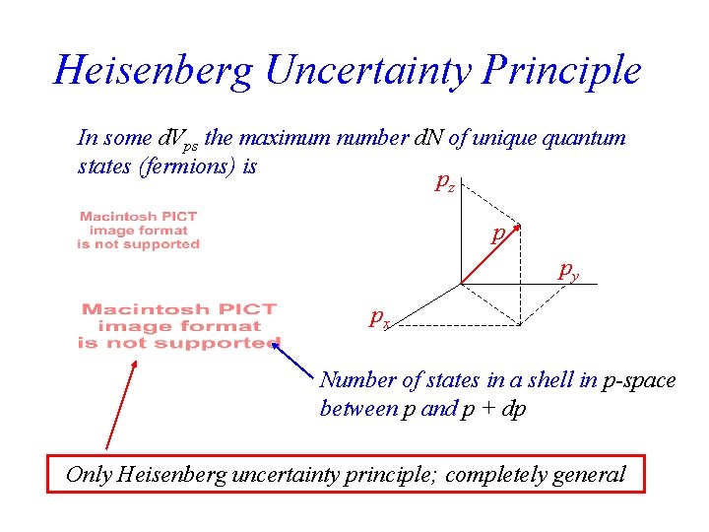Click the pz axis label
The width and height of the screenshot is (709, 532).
[445, 183]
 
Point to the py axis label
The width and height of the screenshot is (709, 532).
[568, 269]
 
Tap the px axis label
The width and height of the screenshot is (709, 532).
[379, 317]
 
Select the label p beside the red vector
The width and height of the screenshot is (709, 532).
[499, 233]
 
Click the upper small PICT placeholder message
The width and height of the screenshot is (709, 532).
[139, 230]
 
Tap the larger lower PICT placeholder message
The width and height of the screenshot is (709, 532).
[178, 326]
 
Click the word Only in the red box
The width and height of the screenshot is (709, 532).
[88, 474]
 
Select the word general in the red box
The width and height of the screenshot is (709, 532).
[587, 474]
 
